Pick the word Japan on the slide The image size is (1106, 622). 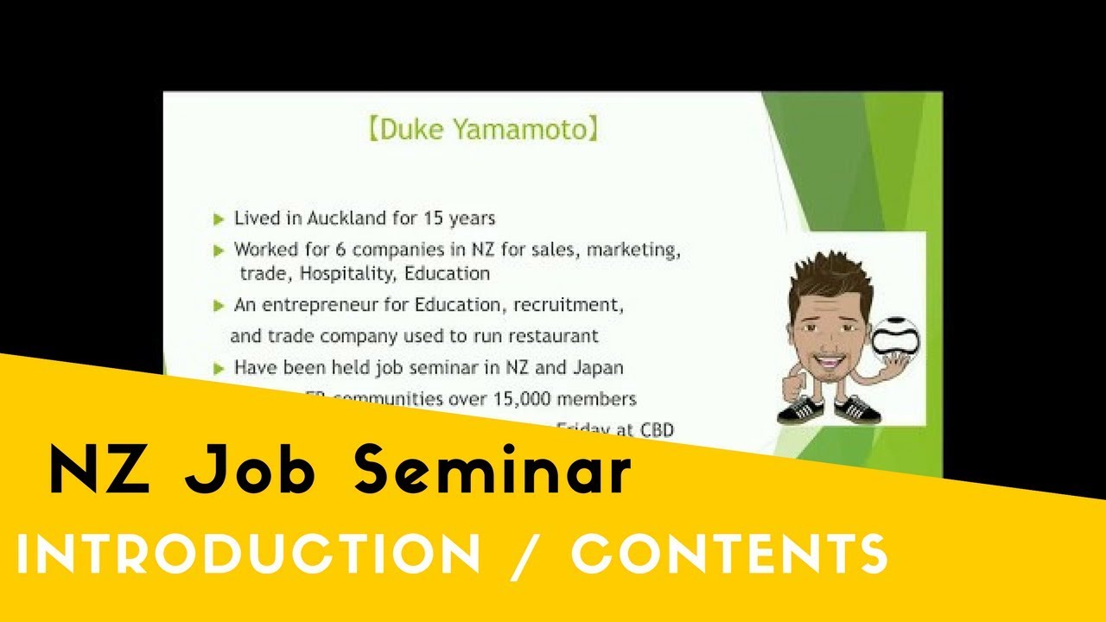click(x=596, y=367)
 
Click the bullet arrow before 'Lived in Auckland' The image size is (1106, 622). click(x=219, y=219)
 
